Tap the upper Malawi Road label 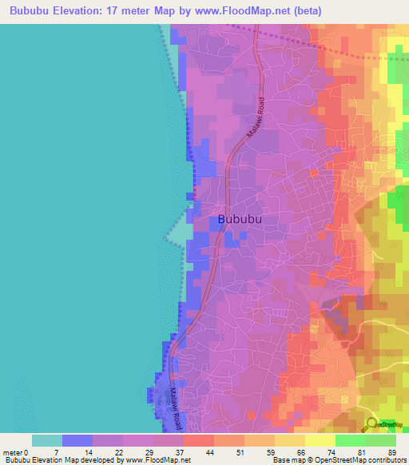(x=255, y=119)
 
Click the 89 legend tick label (x=391, y=452)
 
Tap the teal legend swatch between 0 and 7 (x=47, y=440)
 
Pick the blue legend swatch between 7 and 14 (x=77, y=440)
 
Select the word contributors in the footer (x=382, y=460)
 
